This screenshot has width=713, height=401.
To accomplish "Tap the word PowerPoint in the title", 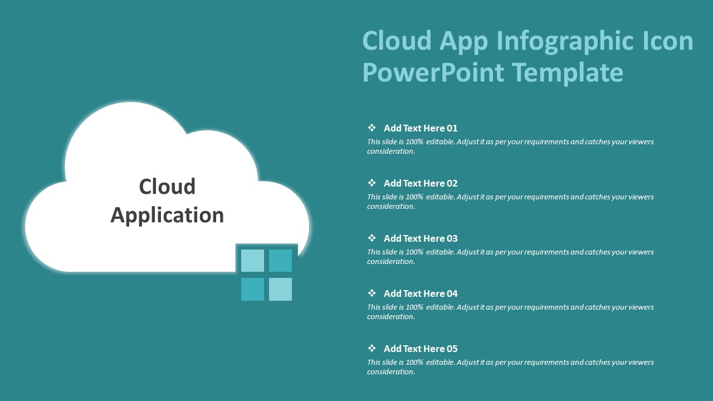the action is [433, 72].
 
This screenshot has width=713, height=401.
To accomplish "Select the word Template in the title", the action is [568, 73].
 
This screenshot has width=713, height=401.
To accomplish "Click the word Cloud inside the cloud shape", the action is [167, 186].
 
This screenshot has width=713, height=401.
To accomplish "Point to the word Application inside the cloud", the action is [167, 216].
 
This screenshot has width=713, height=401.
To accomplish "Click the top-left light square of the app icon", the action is [252, 260].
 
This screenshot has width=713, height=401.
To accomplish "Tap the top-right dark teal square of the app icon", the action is [280, 260].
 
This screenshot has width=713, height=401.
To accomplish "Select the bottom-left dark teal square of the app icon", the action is [252, 289].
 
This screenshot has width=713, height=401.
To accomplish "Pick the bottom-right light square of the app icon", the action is [280, 289].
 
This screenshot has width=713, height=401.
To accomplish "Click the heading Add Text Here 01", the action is [421, 128].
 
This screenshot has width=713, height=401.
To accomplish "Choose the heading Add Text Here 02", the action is [421, 183].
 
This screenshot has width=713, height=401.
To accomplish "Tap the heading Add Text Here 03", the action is [421, 238].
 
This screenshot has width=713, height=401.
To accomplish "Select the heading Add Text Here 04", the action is [421, 293].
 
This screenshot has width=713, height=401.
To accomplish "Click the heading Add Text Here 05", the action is [421, 349].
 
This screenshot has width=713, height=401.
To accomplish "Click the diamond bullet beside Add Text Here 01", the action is [372, 128].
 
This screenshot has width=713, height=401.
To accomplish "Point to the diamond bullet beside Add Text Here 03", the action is [372, 238].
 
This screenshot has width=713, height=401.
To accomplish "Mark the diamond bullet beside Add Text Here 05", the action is [372, 348].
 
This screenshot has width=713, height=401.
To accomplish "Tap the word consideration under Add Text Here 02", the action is [391, 207].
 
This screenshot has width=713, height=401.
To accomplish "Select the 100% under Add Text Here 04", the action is [414, 307].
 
